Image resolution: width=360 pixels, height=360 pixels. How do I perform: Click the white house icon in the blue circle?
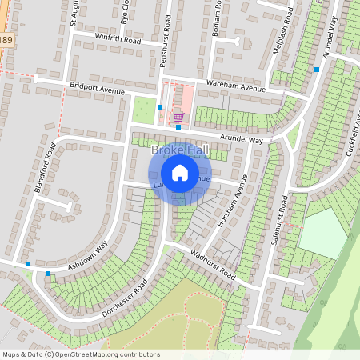180,172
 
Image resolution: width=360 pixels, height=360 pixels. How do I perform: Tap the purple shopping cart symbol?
178,118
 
